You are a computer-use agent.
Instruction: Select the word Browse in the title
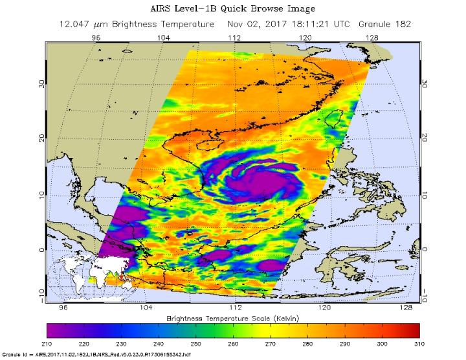[271, 8]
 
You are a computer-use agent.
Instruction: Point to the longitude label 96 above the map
[96, 38]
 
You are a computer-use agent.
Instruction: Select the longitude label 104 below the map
[146, 308]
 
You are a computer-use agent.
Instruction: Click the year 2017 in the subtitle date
[267, 24]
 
